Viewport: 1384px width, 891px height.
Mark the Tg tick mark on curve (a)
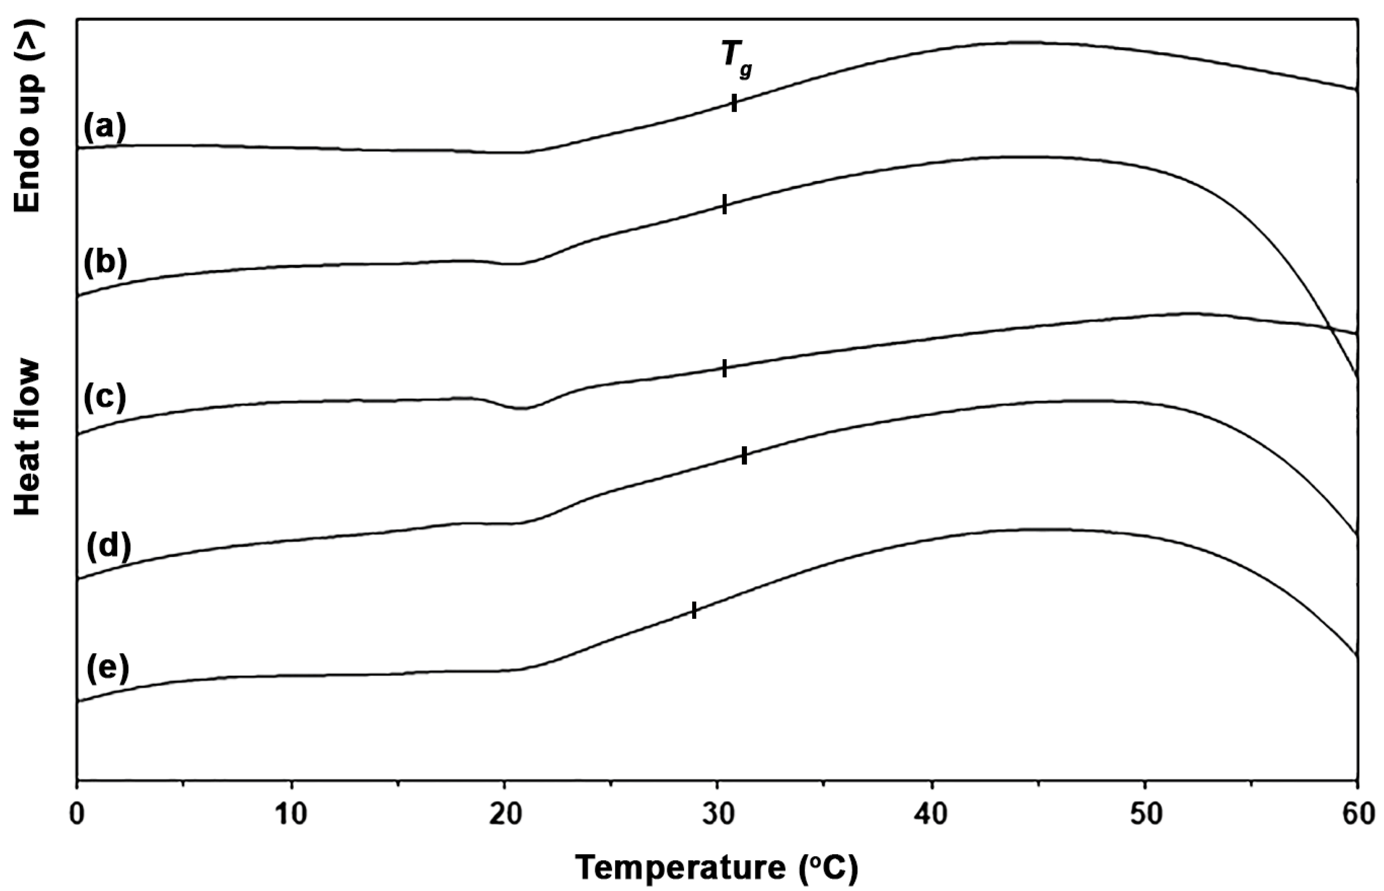(734, 104)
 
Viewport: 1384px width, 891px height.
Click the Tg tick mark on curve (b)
(724, 204)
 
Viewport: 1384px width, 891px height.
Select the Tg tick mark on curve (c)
(724, 368)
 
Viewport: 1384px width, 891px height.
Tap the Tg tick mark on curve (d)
(744, 456)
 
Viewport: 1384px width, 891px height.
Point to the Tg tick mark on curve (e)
(694, 610)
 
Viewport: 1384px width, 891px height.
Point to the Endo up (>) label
(27, 116)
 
